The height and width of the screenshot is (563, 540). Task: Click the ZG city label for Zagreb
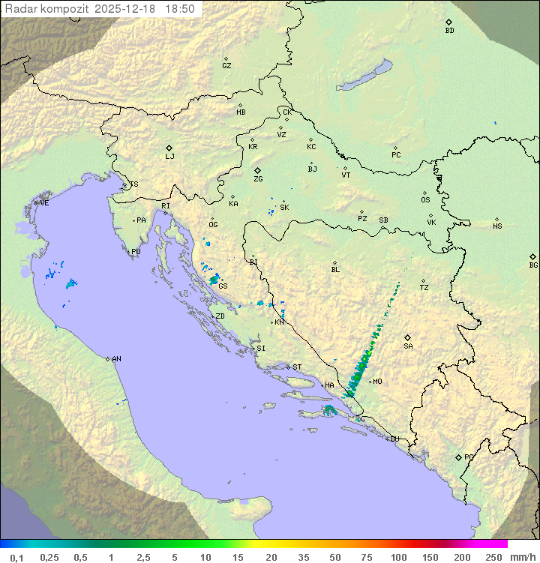click(258, 180)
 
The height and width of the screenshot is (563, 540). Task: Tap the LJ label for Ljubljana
click(169, 157)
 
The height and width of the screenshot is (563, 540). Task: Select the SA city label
click(408, 346)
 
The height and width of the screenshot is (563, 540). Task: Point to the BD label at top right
click(449, 31)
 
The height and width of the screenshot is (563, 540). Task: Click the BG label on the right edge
click(533, 265)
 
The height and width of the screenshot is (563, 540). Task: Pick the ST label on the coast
click(297, 367)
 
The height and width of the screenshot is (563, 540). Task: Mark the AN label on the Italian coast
click(116, 360)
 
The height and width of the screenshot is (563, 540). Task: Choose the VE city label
click(44, 203)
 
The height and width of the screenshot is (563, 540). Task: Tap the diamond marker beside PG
click(458, 457)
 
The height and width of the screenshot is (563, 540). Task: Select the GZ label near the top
click(226, 66)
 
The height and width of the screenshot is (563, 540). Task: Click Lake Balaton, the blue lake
click(364, 76)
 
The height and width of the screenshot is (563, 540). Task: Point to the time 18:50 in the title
click(181, 9)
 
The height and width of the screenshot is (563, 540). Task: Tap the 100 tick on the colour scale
click(398, 557)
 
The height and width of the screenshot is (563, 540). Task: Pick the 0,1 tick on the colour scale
click(16, 557)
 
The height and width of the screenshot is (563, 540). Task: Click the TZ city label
click(424, 288)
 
